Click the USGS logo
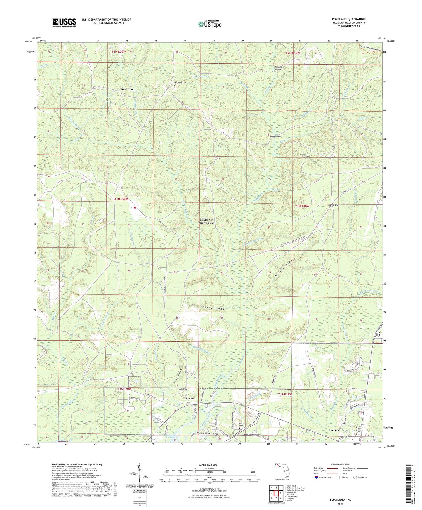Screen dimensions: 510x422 (x=64, y=22)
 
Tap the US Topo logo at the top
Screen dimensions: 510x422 (x=210, y=24)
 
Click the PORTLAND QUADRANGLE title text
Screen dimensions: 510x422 (x=349, y=19)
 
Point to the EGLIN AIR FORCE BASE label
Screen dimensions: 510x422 (x=207, y=221)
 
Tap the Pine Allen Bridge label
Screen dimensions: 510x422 (x=279, y=68)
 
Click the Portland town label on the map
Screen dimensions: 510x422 (x=190, y=398)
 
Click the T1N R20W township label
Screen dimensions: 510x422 (x=121, y=199)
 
